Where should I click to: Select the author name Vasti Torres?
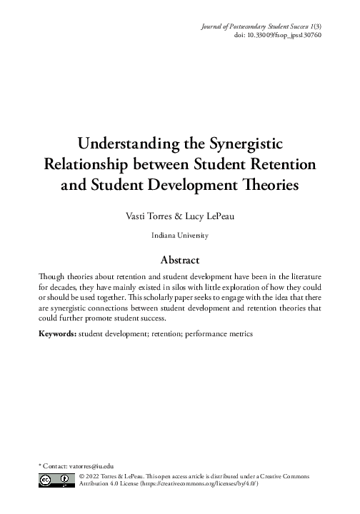coord(146,215)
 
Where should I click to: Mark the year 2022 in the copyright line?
coord(96,474)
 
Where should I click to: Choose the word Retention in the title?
coord(283,164)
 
